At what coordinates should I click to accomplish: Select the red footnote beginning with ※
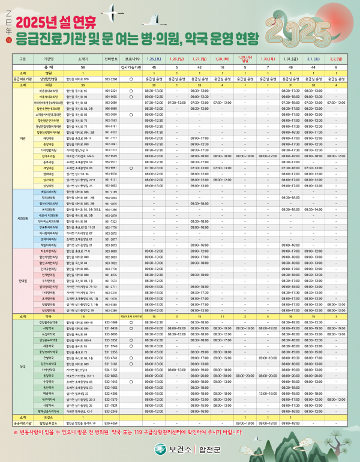[x=180, y=431]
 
